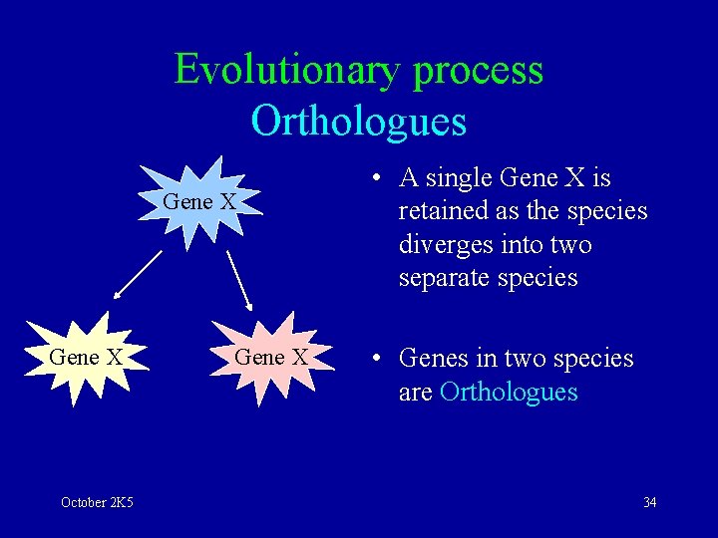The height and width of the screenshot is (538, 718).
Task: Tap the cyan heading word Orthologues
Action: [x=359, y=122]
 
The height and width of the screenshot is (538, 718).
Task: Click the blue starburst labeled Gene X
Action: [x=200, y=200]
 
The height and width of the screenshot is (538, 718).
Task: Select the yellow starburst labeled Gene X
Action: [x=86, y=357]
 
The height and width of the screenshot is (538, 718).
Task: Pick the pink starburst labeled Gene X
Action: [x=270, y=357]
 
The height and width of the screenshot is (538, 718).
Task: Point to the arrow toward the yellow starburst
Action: [x=138, y=274]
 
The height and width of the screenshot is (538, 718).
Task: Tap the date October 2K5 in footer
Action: [x=97, y=502]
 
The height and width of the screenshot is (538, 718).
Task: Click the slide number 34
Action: [x=649, y=502]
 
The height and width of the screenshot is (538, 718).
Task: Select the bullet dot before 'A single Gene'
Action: [x=376, y=179]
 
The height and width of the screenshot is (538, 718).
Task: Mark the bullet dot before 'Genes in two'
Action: [x=376, y=359]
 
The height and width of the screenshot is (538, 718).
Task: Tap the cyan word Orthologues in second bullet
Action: [x=508, y=392]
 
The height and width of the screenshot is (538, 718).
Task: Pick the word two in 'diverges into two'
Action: [x=571, y=245]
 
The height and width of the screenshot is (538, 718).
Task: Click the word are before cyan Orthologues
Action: [x=415, y=392]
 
